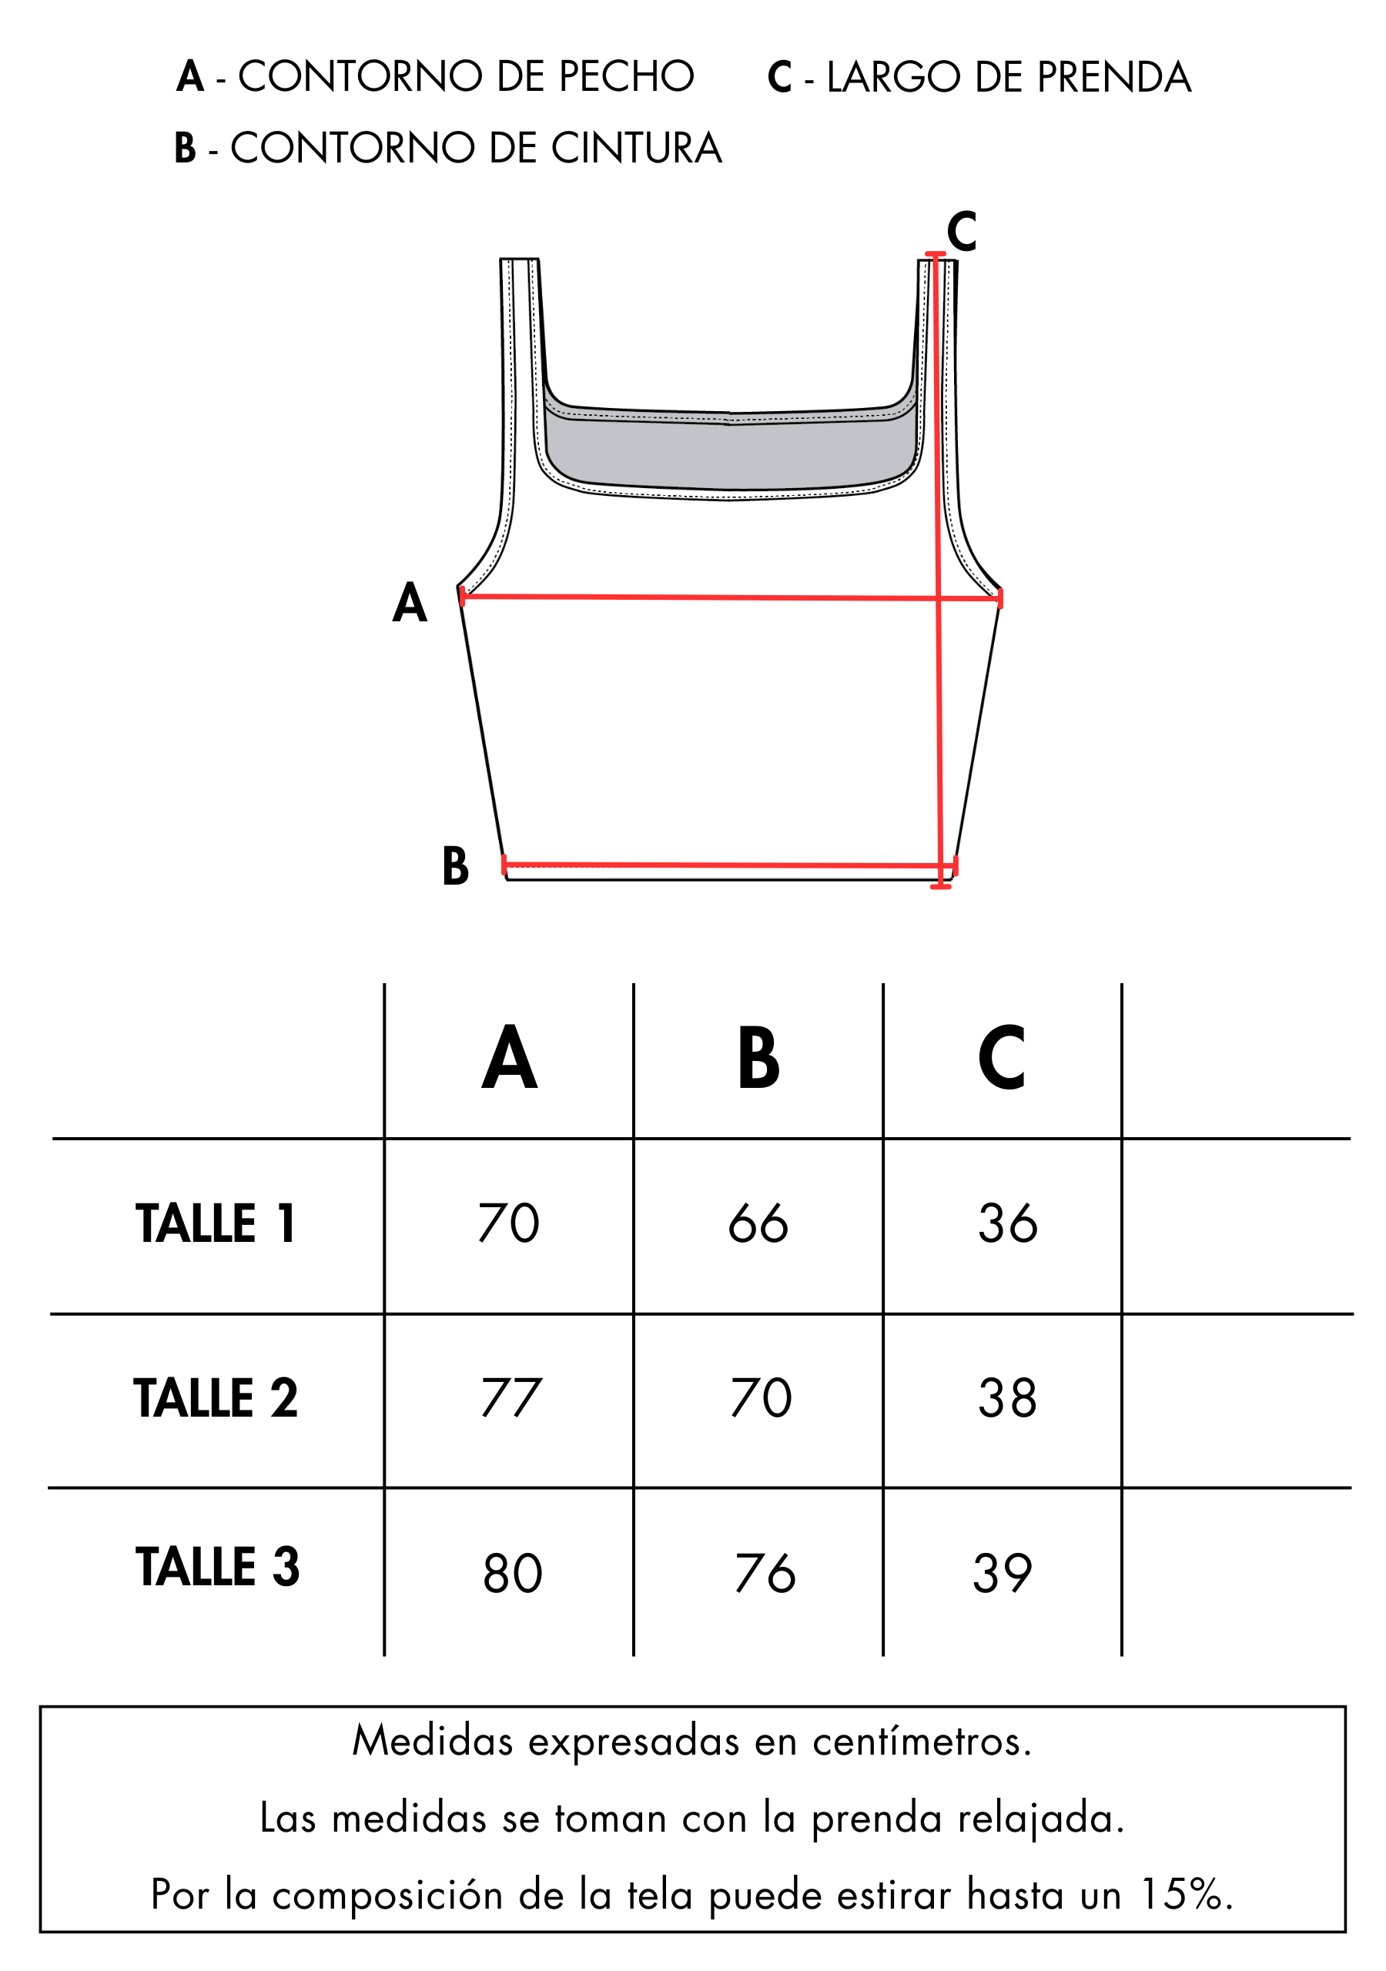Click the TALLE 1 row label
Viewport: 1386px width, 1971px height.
pos(216,1223)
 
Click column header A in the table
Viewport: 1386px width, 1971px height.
pos(509,1058)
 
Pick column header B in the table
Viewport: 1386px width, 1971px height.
pos(758,1058)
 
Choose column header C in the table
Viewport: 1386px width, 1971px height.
pos(1001,1058)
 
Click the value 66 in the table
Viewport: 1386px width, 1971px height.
pos(758,1223)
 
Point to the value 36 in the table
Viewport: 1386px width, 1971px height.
pos(1007,1223)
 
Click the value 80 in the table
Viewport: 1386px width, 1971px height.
pos(513,1574)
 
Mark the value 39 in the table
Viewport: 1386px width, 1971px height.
pos(1002,1574)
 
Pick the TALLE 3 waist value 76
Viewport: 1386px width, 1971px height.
pos(765,1574)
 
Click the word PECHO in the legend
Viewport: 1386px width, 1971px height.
pos(626,76)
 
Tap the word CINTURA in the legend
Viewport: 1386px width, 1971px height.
pos(636,148)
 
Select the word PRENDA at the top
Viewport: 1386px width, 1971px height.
pos(1113,77)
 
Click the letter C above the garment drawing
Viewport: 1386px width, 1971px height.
pos(961,231)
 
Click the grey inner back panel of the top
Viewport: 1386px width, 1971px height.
pos(730,455)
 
